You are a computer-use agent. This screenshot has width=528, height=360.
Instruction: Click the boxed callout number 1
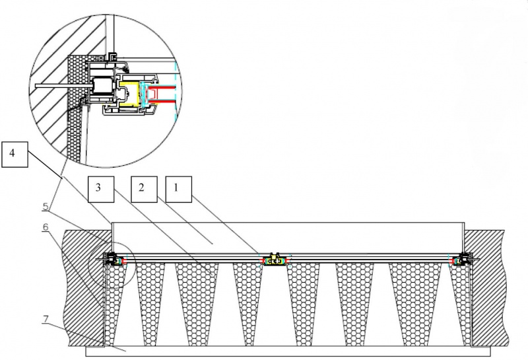[178, 188]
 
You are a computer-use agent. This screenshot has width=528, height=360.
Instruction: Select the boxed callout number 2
[143, 188]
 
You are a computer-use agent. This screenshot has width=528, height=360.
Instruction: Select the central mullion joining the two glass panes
[275, 260]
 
